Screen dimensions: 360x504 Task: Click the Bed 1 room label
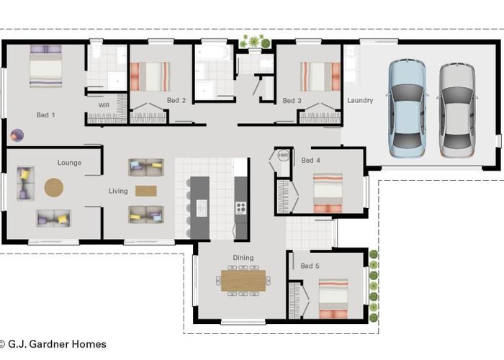[46, 114]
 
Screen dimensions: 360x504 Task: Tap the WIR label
[104, 105]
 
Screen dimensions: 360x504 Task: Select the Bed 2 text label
[176, 100]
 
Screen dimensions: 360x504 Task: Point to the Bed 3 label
[292, 101]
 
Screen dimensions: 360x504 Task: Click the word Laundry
[359, 101]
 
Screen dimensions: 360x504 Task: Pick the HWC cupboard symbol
[283, 156]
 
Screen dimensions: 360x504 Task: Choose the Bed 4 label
[311, 160]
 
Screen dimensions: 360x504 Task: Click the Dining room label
[243, 258]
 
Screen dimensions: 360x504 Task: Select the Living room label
[118, 191]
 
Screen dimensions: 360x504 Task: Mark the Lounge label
[69, 163]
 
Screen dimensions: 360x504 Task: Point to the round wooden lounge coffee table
[54, 187]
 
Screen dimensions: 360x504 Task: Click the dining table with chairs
[243, 280]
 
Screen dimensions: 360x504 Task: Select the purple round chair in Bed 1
[17, 135]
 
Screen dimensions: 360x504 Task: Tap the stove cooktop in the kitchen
[240, 208]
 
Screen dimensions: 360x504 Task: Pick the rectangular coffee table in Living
[145, 191]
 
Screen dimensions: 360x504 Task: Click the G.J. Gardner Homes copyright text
[53, 344]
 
